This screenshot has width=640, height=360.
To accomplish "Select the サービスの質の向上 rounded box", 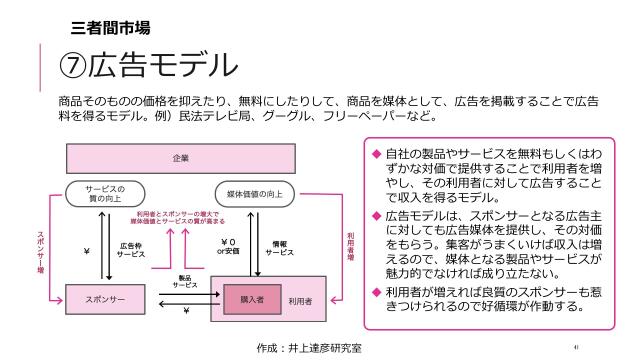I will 105,191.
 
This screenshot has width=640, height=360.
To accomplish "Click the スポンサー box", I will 105,299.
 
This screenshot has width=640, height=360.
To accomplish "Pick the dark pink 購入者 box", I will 244,299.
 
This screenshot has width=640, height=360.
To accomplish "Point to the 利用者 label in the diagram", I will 300,300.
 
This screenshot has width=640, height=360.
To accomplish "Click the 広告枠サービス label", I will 131,249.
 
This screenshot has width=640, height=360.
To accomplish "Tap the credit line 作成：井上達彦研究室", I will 308,347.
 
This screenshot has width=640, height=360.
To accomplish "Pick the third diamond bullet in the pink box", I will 376,291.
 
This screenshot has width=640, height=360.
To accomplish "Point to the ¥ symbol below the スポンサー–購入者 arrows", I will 186,310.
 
